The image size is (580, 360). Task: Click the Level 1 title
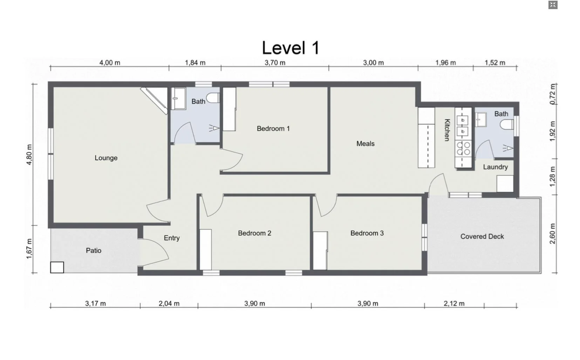click(x=291, y=48)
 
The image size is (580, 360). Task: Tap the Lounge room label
click(x=106, y=158)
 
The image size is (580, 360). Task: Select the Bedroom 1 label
click(x=273, y=129)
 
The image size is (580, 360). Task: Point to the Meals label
click(x=365, y=144)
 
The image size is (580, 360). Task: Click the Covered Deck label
click(x=482, y=236)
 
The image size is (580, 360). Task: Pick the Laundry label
click(x=495, y=167)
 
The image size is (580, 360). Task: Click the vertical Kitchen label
click(x=447, y=130)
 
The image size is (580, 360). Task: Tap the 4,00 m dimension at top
click(x=110, y=63)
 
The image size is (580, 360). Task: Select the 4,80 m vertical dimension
click(x=29, y=154)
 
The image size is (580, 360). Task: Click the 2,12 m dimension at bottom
click(x=454, y=304)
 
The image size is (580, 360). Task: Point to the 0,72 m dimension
click(x=553, y=94)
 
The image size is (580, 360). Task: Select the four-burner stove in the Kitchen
click(x=463, y=148)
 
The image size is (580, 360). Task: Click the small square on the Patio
click(x=57, y=267)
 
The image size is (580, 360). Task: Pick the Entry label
click(x=171, y=238)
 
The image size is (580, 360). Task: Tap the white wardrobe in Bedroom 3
click(x=320, y=250)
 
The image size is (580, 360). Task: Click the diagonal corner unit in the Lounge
click(x=154, y=101)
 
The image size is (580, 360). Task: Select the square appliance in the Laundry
click(x=505, y=184)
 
